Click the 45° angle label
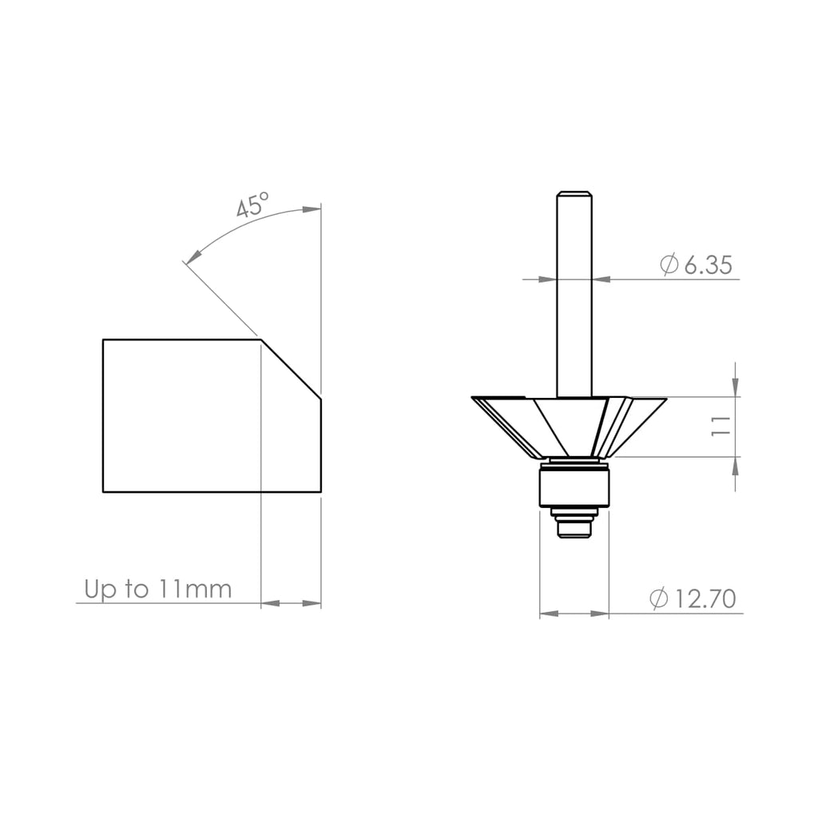coord(252,204)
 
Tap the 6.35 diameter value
coord(708,265)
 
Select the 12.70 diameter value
coord(704,599)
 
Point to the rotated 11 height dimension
coord(721,426)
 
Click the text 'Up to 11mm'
coord(158,590)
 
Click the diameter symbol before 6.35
coord(669,265)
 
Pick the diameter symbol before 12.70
coord(659,599)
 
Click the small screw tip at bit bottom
coord(574,529)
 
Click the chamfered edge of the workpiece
coord(292,370)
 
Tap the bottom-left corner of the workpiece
coord(104,491)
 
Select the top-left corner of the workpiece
coord(104,340)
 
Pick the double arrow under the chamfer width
coord(291,603)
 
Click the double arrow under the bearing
coord(574,613)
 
